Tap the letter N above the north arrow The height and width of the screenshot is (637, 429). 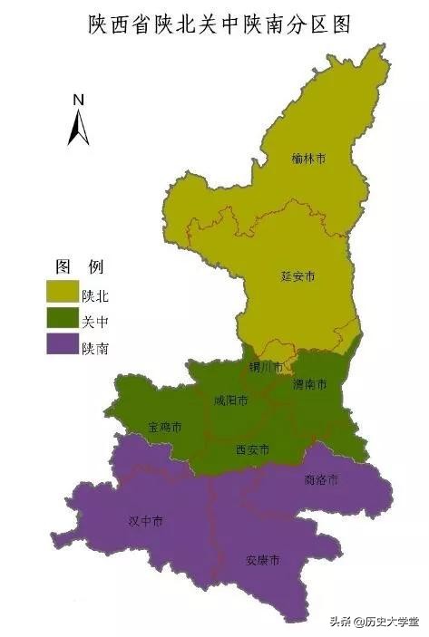(x=79, y=100)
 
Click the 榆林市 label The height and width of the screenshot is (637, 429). (x=309, y=158)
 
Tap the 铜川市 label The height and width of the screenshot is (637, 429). (x=266, y=367)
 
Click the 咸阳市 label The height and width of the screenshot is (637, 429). (x=230, y=400)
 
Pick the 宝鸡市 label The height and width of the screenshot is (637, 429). (x=165, y=426)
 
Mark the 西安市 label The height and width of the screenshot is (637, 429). (x=252, y=449)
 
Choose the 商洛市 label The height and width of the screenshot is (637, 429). (x=320, y=479)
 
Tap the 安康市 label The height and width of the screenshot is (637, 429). (x=262, y=559)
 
